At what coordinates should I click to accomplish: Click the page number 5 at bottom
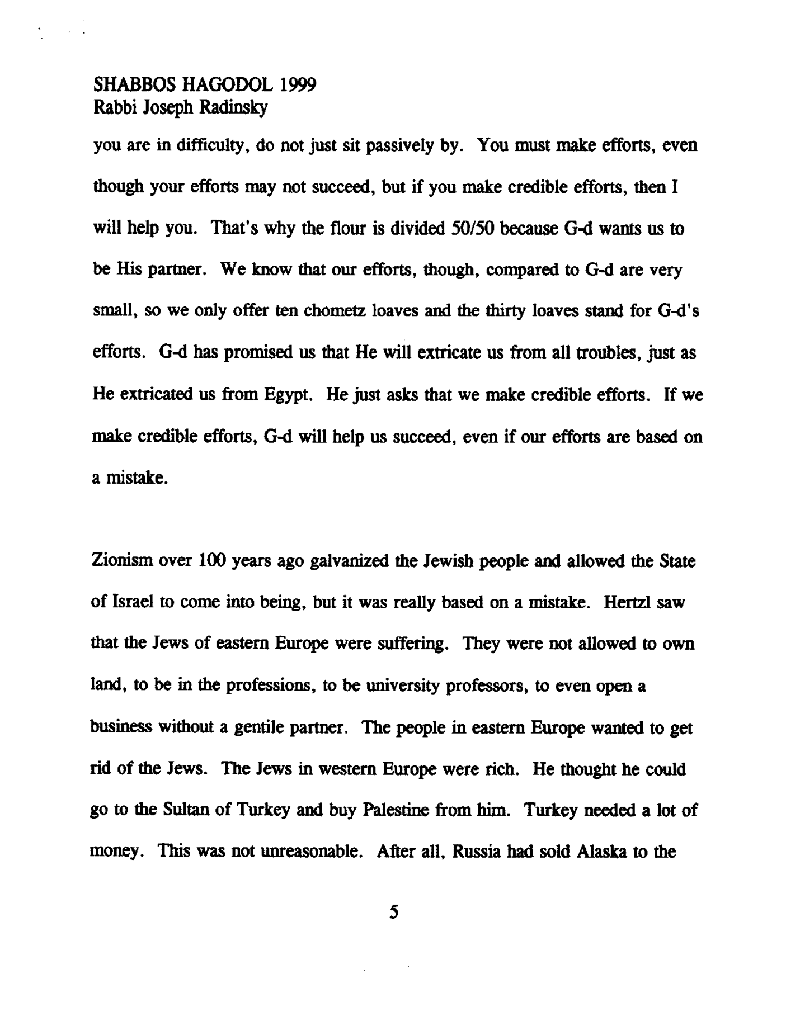[395, 913]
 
